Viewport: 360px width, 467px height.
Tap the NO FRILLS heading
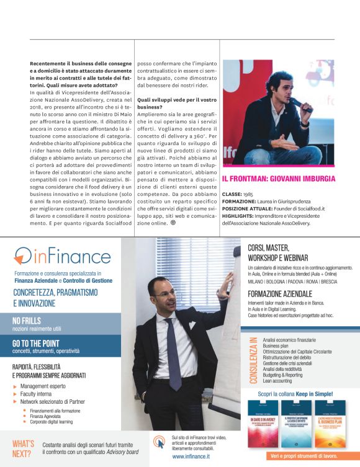(28, 321)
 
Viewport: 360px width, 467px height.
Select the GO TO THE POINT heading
(36, 342)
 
